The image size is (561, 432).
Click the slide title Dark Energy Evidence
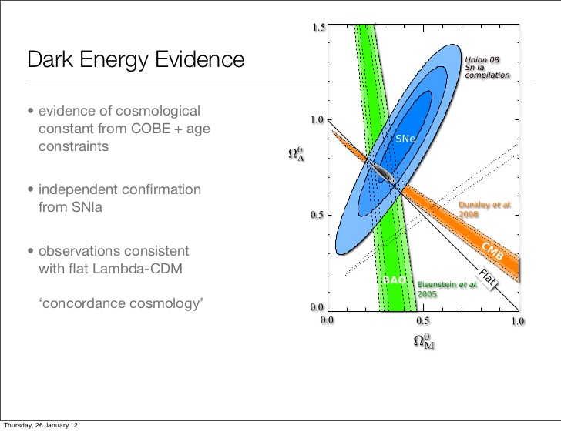point(136,59)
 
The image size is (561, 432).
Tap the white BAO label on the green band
point(394,280)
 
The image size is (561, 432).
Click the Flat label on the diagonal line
point(486,278)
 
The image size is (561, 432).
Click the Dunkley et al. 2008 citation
point(484,209)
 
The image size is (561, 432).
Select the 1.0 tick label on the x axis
point(516,319)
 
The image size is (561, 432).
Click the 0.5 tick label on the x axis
point(422,319)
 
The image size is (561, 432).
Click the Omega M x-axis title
point(424,341)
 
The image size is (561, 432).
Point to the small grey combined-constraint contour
point(383,173)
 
